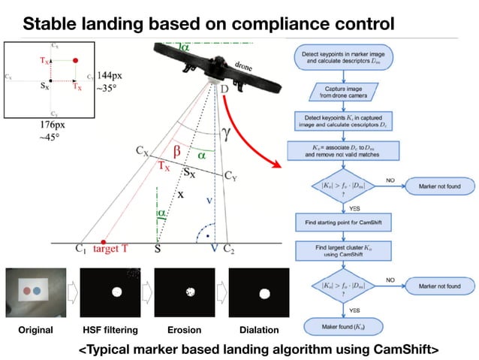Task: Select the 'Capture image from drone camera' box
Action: (343, 92)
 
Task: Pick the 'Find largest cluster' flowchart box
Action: (343, 251)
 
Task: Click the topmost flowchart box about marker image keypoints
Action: (343, 58)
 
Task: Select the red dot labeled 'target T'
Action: (104, 244)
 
